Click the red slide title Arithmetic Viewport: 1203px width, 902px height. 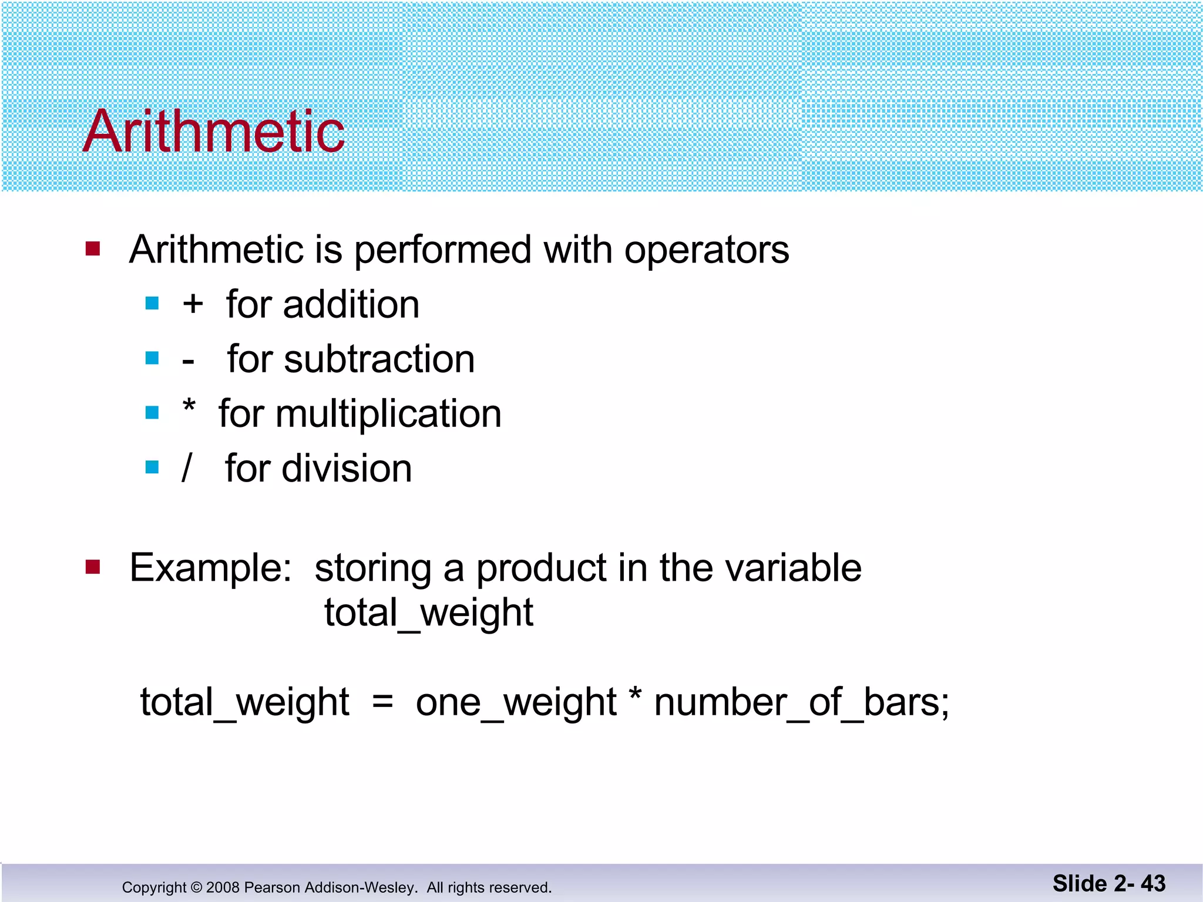pos(214,132)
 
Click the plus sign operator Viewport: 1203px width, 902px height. pos(193,304)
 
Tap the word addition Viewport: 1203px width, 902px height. pos(351,305)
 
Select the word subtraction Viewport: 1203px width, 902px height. pos(379,359)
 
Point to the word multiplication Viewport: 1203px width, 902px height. pos(389,414)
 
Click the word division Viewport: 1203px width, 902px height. pos(347,469)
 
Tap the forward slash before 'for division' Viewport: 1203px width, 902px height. pos(187,469)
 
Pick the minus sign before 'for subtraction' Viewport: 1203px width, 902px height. pos(188,361)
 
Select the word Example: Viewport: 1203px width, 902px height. pos(210,568)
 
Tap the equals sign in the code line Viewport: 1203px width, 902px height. pos(382,701)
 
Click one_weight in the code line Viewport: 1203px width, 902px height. pos(516,702)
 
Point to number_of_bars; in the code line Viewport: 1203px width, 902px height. pos(801,702)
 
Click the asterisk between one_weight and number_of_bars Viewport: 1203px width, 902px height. pos(635,694)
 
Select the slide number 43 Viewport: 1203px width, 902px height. pos(1152,883)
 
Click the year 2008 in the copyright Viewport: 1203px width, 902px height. pos(222,887)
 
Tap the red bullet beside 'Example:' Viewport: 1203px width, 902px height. pos(93,567)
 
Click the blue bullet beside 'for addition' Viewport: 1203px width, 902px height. pos(152,304)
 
